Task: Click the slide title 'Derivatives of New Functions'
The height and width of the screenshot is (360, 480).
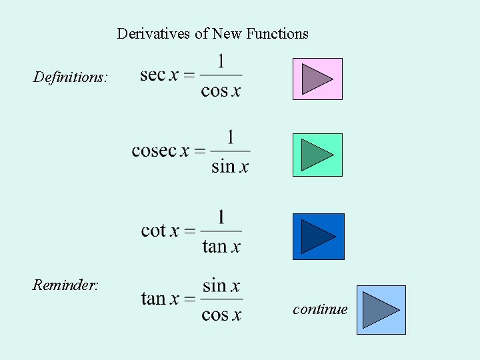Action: coord(213,33)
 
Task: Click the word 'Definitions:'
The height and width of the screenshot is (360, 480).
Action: coord(70,77)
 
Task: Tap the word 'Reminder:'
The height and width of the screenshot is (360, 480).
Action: coord(65,285)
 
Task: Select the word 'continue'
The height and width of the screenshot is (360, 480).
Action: coord(320,309)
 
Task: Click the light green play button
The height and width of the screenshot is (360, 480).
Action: coord(317,155)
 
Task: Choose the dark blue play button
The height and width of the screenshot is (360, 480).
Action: coord(318,237)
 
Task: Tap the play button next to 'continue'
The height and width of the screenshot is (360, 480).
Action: coord(381,310)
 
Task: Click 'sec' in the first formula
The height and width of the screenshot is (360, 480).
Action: coord(153,75)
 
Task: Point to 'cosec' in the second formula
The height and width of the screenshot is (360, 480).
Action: coord(154,151)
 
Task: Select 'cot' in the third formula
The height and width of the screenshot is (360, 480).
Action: coord(153,231)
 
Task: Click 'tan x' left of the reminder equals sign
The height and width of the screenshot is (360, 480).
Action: coord(160,299)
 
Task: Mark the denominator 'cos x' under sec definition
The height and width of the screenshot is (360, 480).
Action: coord(221,91)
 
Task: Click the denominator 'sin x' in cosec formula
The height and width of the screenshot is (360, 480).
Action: coord(230,167)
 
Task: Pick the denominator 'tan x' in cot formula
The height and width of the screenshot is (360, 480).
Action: coord(221,247)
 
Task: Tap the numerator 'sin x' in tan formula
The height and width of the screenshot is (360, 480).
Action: coord(221,286)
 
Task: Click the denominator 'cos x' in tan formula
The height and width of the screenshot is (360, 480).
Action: coord(221,315)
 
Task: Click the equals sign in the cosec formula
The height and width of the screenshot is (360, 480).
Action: coord(199,151)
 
